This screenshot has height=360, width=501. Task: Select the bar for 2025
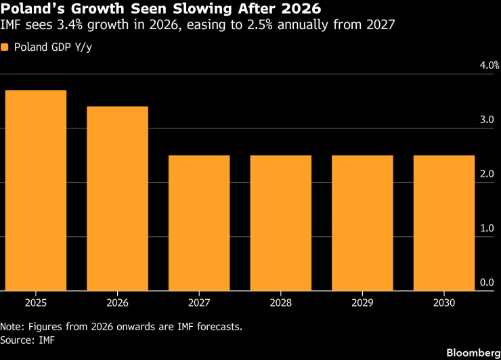pyautogui.click(x=36, y=190)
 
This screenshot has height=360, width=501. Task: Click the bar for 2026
pyautogui.click(x=118, y=198)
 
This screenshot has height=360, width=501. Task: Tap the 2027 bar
pyautogui.click(x=199, y=223)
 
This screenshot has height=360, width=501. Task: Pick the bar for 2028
pyautogui.click(x=281, y=223)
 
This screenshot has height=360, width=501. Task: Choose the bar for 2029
pyautogui.click(x=362, y=223)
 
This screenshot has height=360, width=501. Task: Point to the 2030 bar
pyautogui.click(x=444, y=223)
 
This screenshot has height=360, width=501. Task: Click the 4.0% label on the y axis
pyautogui.click(x=489, y=65)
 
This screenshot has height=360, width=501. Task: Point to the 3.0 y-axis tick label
pyautogui.click(x=487, y=120)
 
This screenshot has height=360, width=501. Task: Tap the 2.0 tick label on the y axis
pyautogui.click(x=487, y=174)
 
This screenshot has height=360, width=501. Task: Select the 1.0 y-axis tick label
pyautogui.click(x=487, y=228)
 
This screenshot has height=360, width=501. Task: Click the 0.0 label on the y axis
pyautogui.click(x=487, y=282)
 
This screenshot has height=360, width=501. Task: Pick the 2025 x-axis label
pyautogui.click(x=36, y=302)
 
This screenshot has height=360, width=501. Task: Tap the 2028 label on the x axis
pyautogui.click(x=281, y=302)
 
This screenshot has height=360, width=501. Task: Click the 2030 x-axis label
pyautogui.click(x=444, y=302)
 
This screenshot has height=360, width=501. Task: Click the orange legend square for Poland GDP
pyautogui.click(x=5, y=47)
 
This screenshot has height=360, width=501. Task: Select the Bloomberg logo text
pyautogui.click(x=473, y=353)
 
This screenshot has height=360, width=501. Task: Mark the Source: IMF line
pyautogui.click(x=28, y=340)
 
